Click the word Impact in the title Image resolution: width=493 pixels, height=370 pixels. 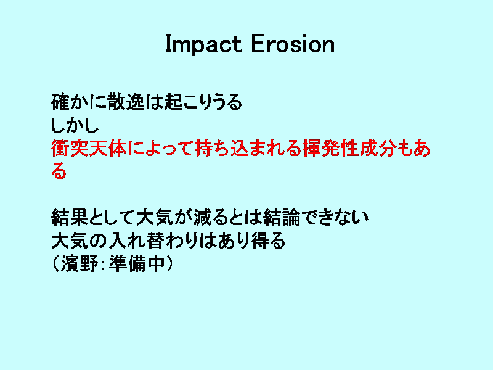tap(203, 44)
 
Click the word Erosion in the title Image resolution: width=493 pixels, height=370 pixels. tap(293, 44)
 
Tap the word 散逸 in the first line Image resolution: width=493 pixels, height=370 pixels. tap(126, 102)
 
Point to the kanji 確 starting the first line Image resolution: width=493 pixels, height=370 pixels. tap(60, 102)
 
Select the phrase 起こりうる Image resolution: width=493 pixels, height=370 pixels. tap(203, 102)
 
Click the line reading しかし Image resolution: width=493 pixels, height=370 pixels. tap(75, 125)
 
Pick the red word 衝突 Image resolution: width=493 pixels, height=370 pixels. tap(70, 148)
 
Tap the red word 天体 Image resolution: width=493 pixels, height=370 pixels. tap(107, 148)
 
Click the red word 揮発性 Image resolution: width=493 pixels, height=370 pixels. tap(331, 148)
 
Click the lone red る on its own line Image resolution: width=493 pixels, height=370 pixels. tap(59, 171)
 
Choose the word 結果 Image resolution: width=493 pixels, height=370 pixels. tap(70, 218)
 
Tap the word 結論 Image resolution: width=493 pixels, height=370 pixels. tap(282, 218)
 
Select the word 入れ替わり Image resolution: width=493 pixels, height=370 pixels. tap(153, 240)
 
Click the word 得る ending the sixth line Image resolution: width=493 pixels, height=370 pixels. tap(268, 240)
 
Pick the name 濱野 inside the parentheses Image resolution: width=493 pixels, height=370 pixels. tap(79, 264)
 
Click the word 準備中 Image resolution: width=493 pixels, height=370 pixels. tap(137, 264)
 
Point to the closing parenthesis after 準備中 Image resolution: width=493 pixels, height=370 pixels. tap(169, 264)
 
